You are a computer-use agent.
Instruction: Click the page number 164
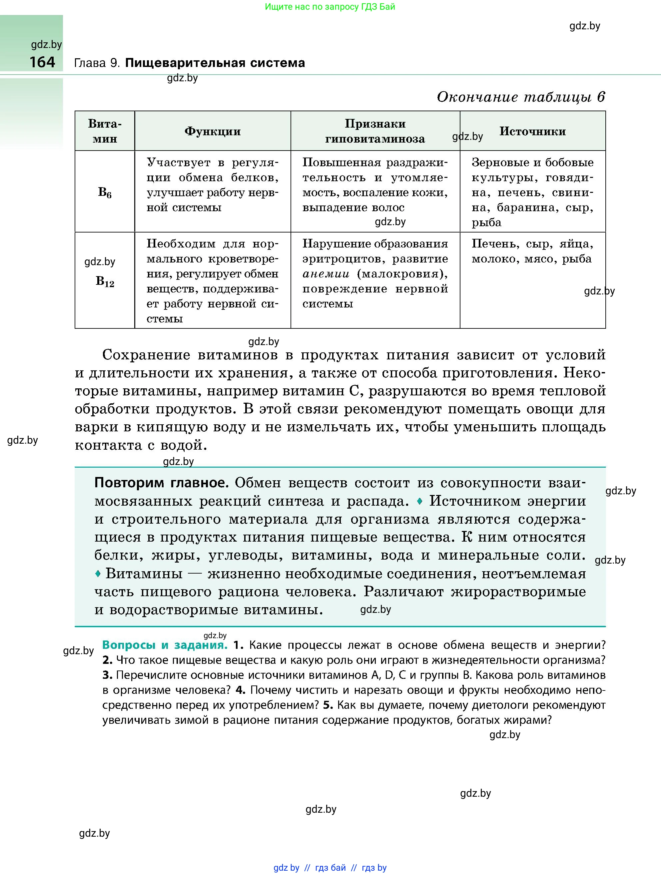42,62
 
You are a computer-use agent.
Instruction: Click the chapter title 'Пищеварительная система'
215,63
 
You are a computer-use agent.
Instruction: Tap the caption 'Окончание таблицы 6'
521,97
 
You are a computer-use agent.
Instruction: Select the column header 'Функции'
213,132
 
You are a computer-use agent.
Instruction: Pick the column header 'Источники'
532,132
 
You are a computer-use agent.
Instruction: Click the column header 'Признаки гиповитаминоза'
375,131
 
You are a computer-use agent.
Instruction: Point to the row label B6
105,193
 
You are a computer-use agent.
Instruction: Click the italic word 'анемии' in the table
326,274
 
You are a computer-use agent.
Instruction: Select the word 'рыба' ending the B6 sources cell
486,222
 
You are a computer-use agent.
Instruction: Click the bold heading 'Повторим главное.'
162,483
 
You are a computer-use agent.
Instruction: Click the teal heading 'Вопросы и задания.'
165,645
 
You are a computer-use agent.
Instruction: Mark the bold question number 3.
107,675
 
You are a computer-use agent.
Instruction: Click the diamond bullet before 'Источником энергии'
420,501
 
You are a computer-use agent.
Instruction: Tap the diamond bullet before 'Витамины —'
98,574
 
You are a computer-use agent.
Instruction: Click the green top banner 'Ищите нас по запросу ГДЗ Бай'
330,7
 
